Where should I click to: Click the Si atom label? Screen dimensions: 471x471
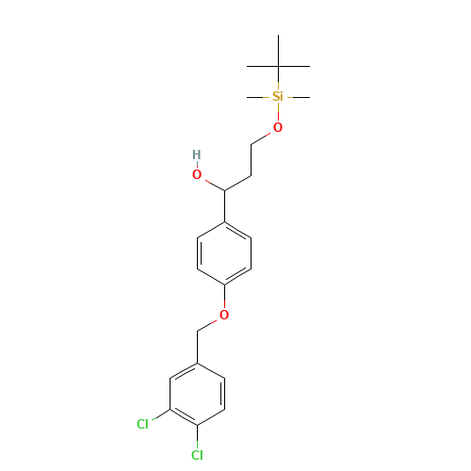click(277, 96)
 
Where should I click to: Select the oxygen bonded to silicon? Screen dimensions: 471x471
click(277, 127)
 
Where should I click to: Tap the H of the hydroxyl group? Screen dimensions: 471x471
click(196, 154)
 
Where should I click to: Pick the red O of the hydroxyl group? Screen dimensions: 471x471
click(197, 174)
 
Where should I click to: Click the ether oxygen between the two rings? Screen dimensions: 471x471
click(224, 315)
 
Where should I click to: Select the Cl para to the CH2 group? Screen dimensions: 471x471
click(197, 455)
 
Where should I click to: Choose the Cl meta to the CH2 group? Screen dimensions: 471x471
click(142, 424)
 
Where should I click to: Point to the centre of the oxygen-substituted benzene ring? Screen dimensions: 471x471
click(224, 252)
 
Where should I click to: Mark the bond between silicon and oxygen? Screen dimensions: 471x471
click(277, 112)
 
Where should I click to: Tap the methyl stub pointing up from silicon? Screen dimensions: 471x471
click(277, 85)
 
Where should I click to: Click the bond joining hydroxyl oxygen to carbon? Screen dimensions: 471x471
click(211, 183)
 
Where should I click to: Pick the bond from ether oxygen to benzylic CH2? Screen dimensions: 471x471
click(211, 322)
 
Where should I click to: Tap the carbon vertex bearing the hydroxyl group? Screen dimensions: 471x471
click(224, 191)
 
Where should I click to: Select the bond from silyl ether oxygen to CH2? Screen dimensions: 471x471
click(263, 136)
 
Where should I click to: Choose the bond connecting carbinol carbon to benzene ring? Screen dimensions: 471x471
click(224, 206)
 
